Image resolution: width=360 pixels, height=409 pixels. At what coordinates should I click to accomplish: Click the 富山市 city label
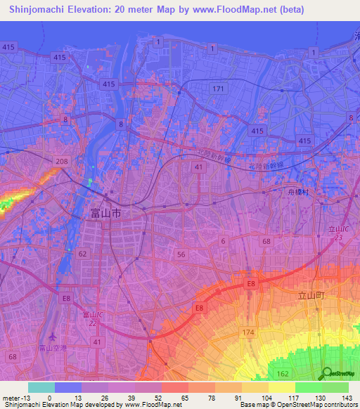tap(106, 212)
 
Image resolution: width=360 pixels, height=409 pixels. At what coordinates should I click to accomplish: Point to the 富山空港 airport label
tap(52, 348)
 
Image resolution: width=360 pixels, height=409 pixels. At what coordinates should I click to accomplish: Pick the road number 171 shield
tap(219, 89)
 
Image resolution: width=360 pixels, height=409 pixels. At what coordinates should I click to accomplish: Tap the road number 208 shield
tap(62, 162)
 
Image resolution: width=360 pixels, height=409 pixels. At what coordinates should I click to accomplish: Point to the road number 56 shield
tap(181, 253)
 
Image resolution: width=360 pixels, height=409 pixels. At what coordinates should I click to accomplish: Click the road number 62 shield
tap(84, 253)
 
